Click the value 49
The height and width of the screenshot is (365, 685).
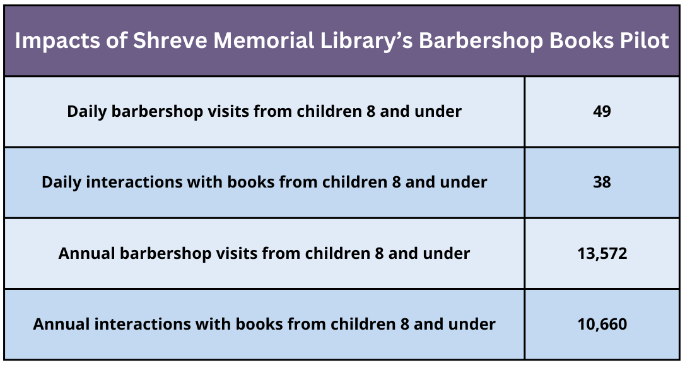[x=602, y=112]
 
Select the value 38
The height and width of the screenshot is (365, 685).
[x=602, y=182]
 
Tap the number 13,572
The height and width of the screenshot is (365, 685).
[x=602, y=253]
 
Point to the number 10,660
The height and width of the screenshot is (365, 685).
[x=602, y=325]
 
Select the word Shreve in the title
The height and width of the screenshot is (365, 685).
[x=170, y=40]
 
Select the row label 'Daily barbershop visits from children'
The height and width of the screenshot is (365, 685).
[x=214, y=112]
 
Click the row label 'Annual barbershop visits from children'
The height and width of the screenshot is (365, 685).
[x=214, y=253]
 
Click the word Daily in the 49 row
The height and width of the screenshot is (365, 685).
[x=87, y=112]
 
